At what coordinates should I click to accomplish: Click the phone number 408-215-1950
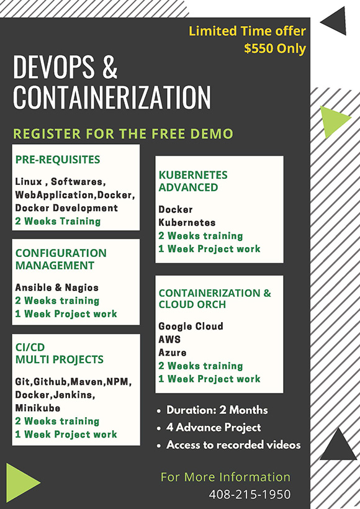pyautogui.click(x=250, y=494)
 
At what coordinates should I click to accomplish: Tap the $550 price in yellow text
pyautogui.click(x=256, y=48)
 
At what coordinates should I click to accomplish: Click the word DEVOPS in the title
pyautogui.click(x=54, y=67)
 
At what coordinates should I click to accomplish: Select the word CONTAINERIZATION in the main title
pyautogui.click(x=112, y=97)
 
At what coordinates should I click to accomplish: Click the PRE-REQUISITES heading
pyautogui.click(x=58, y=160)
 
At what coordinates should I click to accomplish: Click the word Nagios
pyautogui.click(x=81, y=287)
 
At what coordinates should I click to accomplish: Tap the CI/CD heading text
pyautogui.click(x=30, y=347)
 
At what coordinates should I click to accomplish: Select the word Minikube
pyautogui.click(x=38, y=408)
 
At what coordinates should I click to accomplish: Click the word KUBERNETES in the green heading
pyautogui.click(x=193, y=175)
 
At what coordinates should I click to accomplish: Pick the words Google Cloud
pyautogui.click(x=191, y=326)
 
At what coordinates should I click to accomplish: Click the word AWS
pyautogui.click(x=169, y=339)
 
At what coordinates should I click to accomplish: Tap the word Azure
pyautogui.click(x=173, y=353)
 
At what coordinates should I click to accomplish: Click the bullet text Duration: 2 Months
pyautogui.click(x=217, y=410)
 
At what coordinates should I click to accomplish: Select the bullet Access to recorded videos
pyautogui.click(x=233, y=444)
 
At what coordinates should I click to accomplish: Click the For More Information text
pyautogui.click(x=225, y=477)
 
